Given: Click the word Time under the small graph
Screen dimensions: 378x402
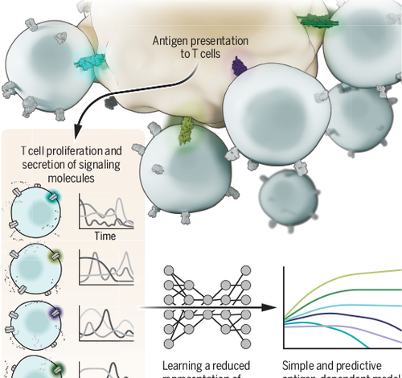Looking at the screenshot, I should pyautogui.click(x=105, y=236).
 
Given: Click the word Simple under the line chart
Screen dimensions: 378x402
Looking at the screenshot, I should pyautogui.click(x=301, y=364).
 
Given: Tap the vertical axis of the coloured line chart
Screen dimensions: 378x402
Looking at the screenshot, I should pyautogui.click(x=286, y=306).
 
